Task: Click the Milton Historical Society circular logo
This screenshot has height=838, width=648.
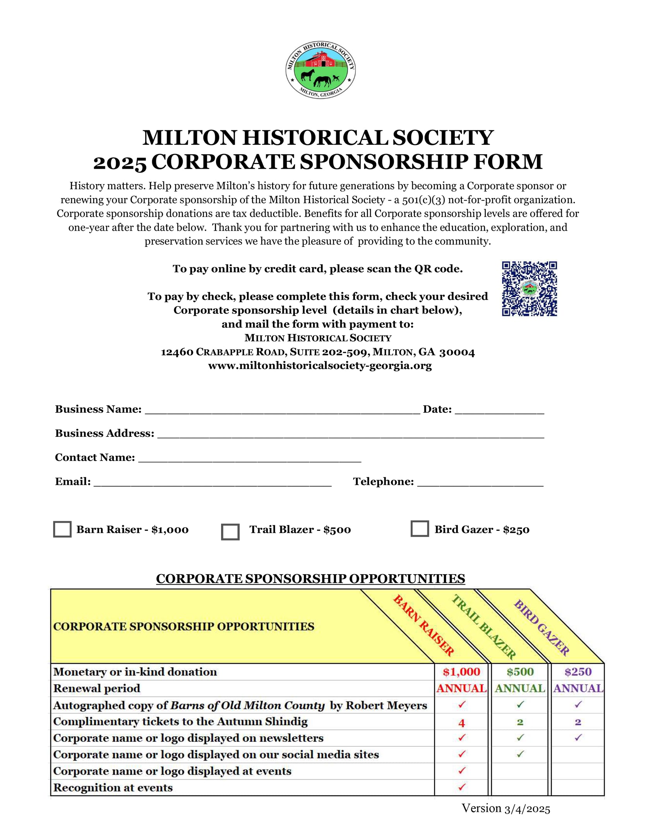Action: point(321,70)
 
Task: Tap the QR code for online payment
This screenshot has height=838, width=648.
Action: point(529,289)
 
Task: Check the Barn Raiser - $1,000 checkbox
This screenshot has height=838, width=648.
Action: point(62,529)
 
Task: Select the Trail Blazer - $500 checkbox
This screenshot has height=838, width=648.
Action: point(230,532)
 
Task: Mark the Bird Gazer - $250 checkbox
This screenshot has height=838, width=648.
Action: point(420,528)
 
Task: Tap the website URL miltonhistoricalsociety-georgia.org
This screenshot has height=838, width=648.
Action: point(320,366)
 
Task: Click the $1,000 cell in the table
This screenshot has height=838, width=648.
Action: point(461,672)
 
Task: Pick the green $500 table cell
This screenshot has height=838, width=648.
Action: point(520,672)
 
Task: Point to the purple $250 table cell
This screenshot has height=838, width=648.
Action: point(578,672)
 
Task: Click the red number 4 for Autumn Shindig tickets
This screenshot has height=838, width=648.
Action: point(461,722)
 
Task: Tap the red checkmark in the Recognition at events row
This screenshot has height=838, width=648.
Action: point(461,787)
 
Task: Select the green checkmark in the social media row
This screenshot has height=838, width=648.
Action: point(520,754)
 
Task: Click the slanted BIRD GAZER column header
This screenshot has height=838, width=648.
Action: point(541,627)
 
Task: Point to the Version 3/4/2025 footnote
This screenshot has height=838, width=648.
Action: point(506,809)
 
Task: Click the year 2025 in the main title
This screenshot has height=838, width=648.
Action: point(120,162)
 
